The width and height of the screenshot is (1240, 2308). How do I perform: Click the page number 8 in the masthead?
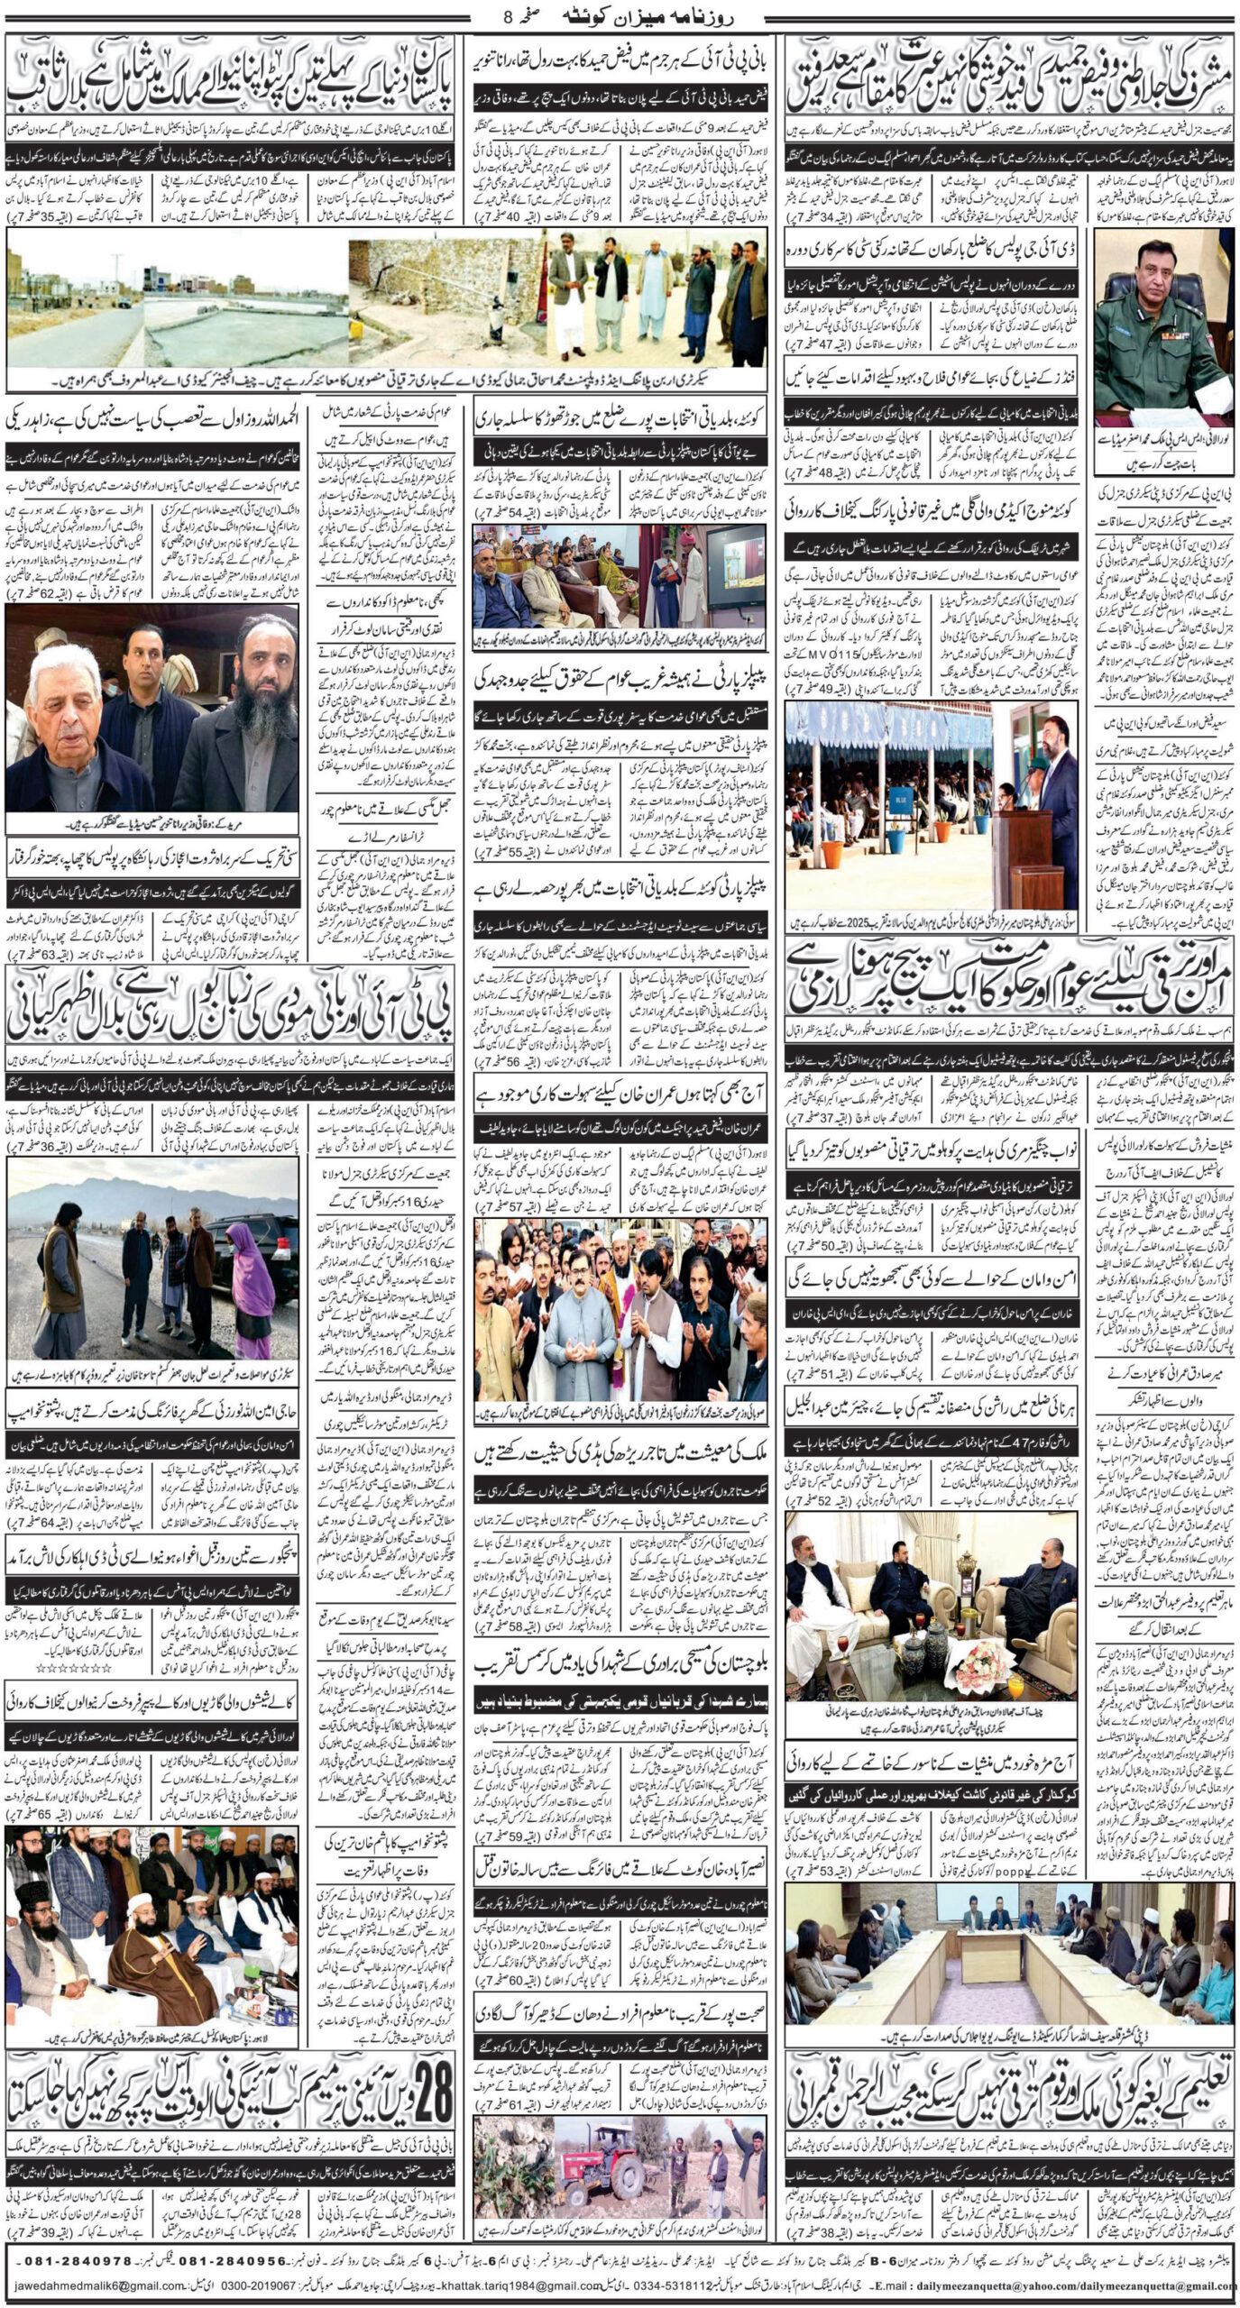click(x=511, y=15)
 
